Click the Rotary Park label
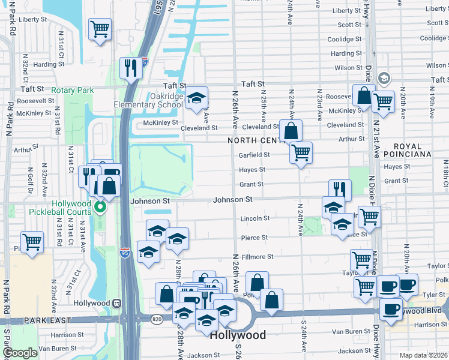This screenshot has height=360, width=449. point(73,90)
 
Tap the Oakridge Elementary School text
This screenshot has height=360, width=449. point(148,100)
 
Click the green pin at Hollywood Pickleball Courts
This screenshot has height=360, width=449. point(100,208)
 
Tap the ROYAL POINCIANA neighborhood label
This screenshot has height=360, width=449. point(421,150)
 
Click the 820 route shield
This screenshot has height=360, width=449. point(157,318)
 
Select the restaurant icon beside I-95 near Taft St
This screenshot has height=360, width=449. point(130,68)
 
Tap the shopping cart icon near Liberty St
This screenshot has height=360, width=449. point(100,29)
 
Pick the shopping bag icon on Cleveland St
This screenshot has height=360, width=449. point(291,130)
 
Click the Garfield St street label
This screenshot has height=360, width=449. point(255,154)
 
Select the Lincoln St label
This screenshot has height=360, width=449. point(255,218)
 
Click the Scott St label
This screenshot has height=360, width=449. point(349,25)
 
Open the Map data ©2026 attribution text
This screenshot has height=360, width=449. point(423,355)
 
